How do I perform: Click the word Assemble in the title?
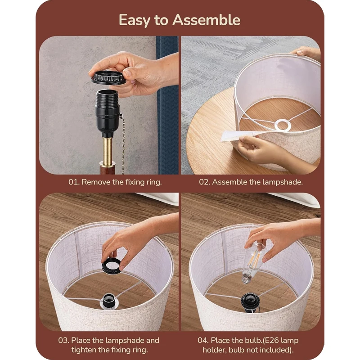(206, 20)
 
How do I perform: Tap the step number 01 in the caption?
(74, 182)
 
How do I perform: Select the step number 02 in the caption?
(204, 182)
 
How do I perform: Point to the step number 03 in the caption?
(63, 340)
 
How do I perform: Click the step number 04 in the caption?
(203, 340)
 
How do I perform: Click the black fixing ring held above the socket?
(108, 77)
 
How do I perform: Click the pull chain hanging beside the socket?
(123, 147)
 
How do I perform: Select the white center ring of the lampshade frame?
(283, 126)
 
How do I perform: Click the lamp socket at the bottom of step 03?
(109, 301)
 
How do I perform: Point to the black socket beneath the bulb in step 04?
(250, 302)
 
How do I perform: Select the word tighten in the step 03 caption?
(84, 350)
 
